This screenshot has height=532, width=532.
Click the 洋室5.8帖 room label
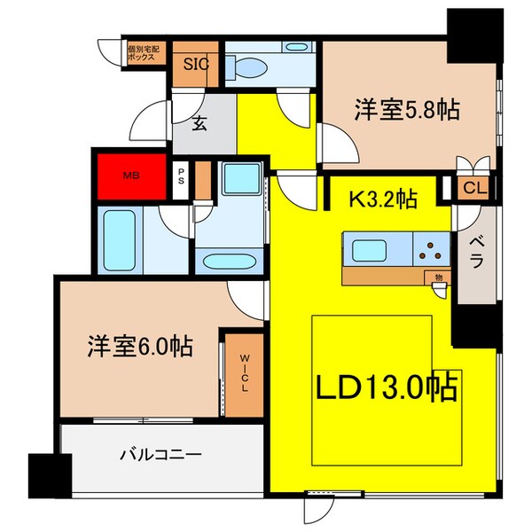(408, 110)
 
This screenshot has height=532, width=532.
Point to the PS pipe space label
(181, 176)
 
